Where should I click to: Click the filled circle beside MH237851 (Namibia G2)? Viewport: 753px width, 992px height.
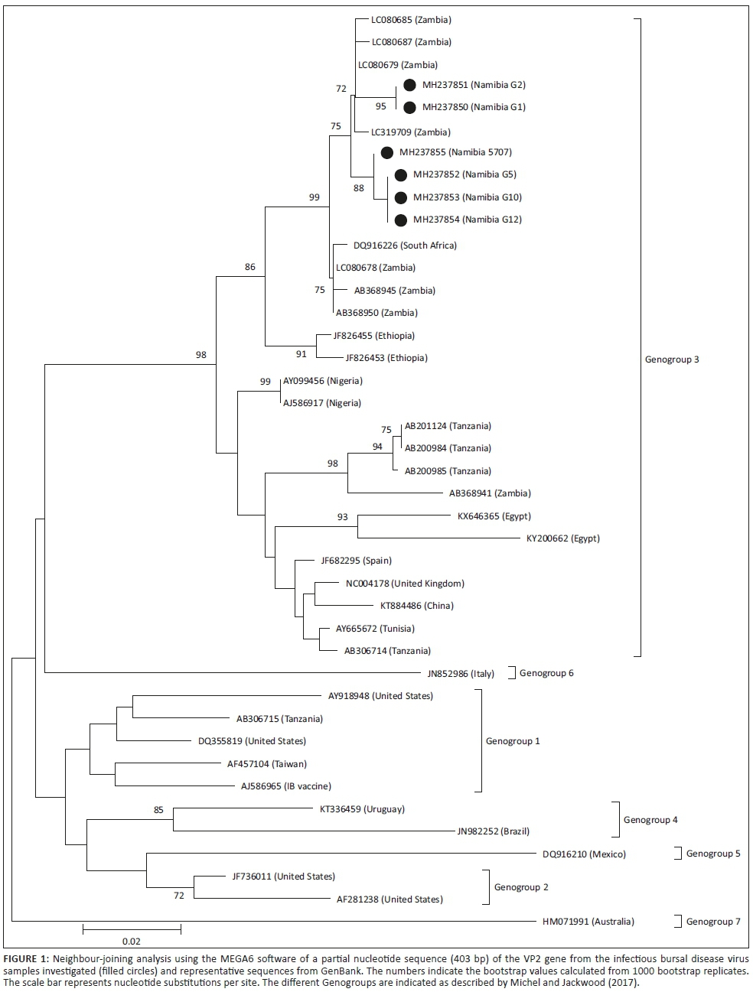409,85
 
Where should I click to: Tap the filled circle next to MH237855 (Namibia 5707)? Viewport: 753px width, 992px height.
387,153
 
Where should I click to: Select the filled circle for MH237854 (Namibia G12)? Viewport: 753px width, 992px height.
401,220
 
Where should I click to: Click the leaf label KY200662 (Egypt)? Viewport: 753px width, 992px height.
562,538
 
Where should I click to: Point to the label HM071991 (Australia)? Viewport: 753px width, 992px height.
588,921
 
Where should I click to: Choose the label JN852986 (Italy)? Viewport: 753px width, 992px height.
461,673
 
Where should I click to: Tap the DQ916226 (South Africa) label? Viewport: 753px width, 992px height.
405,246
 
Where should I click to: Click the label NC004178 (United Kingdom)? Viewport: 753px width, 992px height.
405,584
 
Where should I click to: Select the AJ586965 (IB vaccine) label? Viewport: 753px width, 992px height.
285,786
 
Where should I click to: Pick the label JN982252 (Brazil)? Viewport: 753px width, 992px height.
493,831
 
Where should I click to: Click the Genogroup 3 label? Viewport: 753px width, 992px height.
672,359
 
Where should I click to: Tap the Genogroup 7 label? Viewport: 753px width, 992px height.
713,922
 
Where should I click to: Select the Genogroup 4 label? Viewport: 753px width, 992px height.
650,820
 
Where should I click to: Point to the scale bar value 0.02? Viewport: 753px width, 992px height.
131,942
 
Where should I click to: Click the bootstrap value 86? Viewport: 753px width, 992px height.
250,267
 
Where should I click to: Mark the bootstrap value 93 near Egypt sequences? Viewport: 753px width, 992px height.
342,517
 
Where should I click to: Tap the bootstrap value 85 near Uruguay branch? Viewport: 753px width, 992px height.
158,810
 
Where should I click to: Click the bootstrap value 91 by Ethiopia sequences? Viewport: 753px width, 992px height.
301,354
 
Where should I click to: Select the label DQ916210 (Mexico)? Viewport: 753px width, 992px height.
584,854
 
